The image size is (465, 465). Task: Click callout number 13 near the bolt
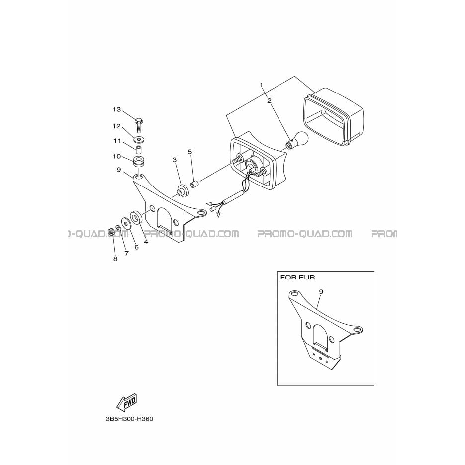[117, 110]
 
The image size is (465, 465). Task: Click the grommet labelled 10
[139, 161]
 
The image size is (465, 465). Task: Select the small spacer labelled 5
[194, 185]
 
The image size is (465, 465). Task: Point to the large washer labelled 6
[126, 224]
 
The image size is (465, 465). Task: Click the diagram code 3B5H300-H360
[129, 419]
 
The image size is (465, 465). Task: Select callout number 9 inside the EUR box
[321, 292]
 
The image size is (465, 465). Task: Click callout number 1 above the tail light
[261, 85]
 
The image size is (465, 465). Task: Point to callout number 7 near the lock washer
[126, 253]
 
